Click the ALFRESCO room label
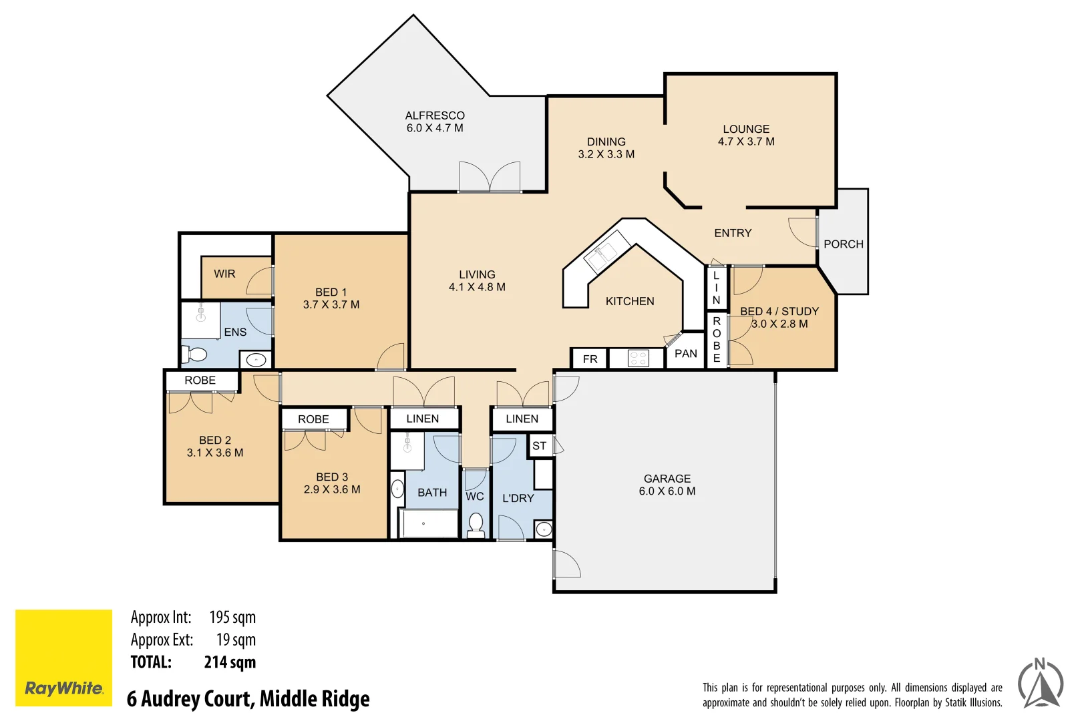click(x=435, y=115)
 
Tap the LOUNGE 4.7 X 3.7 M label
click(x=746, y=135)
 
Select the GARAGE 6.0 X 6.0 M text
click(x=667, y=485)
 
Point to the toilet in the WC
click(x=476, y=525)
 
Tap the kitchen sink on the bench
click(x=600, y=255)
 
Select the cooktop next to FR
click(x=638, y=358)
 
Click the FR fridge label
click(x=590, y=359)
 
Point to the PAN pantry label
click(x=685, y=354)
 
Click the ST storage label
click(x=540, y=446)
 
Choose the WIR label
click(x=224, y=274)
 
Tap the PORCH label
click(x=843, y=244)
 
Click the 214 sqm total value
click(x=230, y=662)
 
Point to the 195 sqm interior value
click(x=232, y=618)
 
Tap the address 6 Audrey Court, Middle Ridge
click(x=248, y=699)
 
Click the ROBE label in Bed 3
click(x=313, y=419)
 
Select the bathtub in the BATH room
click(x=428, y=524)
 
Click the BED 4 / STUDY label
click(x=779, y=312)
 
